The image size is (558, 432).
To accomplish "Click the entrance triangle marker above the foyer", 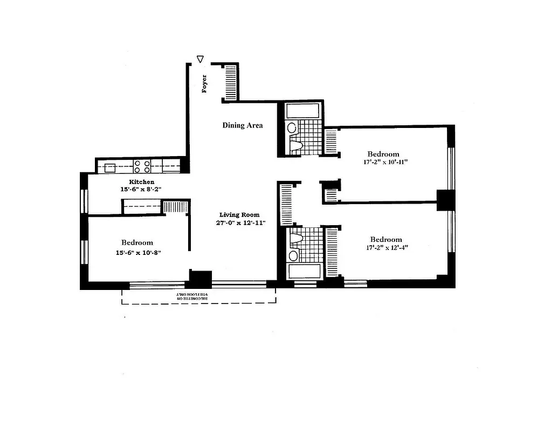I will [201, 59].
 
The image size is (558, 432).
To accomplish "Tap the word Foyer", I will [204, 84].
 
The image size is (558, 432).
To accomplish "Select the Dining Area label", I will [243, 125].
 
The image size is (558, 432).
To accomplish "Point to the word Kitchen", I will [142, 182].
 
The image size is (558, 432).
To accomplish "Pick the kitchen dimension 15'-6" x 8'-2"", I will [142, 190].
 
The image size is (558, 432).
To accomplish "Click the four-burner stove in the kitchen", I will [141, 166].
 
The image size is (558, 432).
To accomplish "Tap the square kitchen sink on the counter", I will [111, 167].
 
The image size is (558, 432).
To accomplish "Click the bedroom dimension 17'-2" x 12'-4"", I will [385, 248].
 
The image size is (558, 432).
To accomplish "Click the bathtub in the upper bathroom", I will [303, 111].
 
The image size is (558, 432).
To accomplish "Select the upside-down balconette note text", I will [198, 296].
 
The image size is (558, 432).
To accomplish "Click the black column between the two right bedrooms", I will [445, 200].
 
